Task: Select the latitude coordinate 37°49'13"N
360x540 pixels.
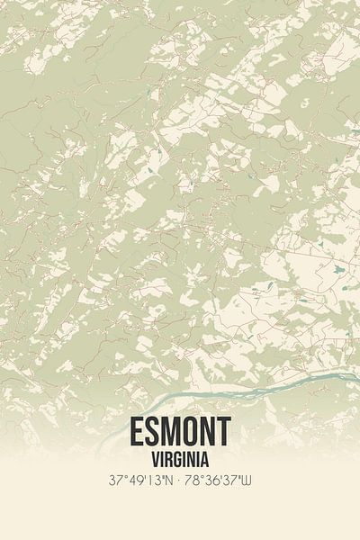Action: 141,481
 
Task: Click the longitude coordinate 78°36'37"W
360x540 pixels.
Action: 220,481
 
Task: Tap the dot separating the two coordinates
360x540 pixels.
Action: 180,481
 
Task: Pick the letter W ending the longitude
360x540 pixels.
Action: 247,481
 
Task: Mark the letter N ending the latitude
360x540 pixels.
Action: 169,481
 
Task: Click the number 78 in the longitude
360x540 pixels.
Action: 195,481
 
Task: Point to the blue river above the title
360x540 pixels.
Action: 225,385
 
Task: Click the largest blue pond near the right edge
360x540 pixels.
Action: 337,269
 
